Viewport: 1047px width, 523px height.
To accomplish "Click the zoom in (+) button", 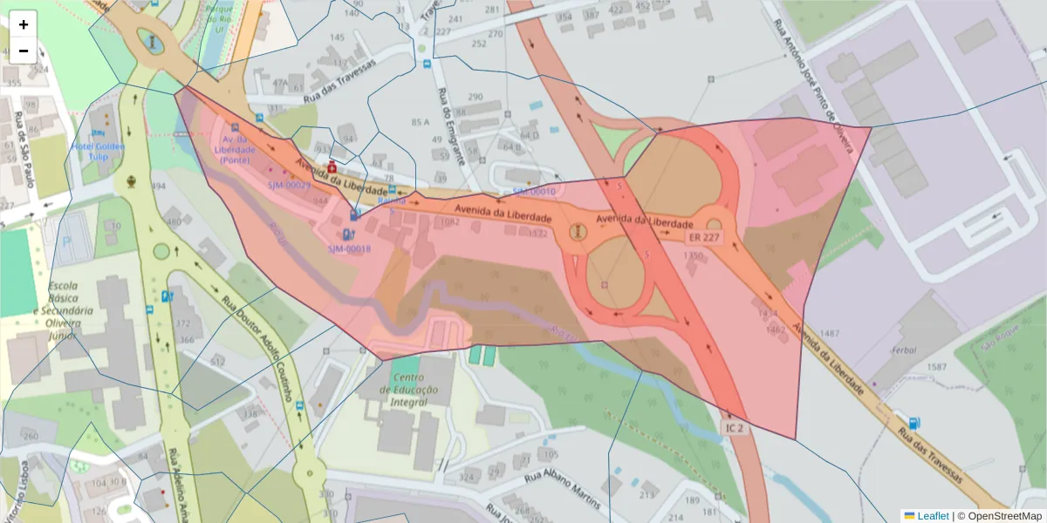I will (24, 24).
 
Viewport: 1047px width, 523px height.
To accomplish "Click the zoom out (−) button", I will (24, 51).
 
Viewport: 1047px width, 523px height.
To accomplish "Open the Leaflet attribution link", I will (932, 516).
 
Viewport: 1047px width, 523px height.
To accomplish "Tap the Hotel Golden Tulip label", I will (99, 151).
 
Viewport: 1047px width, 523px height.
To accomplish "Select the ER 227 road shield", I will (704, 236).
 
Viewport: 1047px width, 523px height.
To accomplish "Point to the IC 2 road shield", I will (734, 428).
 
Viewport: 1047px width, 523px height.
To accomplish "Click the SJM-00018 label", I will (349, 249).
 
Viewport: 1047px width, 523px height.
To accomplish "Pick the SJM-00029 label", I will (289, 185).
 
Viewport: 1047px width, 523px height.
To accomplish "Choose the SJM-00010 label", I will (534, 191).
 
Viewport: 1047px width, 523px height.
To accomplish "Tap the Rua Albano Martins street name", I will (563, 491).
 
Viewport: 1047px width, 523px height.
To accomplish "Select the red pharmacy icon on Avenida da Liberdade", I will (332, 166).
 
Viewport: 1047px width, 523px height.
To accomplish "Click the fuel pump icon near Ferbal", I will (914, 423).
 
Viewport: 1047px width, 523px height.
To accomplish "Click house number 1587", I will (935, 367).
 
